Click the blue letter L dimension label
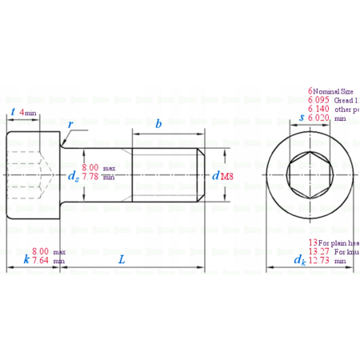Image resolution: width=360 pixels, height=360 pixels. coord(122,260)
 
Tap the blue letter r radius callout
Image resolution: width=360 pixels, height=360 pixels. coord(72,125)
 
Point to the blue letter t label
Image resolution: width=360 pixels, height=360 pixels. coord(13,113)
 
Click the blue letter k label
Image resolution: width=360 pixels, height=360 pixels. coord(26,260)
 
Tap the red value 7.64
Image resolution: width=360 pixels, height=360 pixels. coord(41,261)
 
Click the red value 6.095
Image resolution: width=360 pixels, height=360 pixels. coord(319,100)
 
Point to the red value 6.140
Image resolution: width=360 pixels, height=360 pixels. coord(319,109)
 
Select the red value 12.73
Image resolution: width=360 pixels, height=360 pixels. coord(319,260)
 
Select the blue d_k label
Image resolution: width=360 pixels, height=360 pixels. coord(298,260)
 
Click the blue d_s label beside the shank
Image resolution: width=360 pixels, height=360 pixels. coord(73,175)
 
